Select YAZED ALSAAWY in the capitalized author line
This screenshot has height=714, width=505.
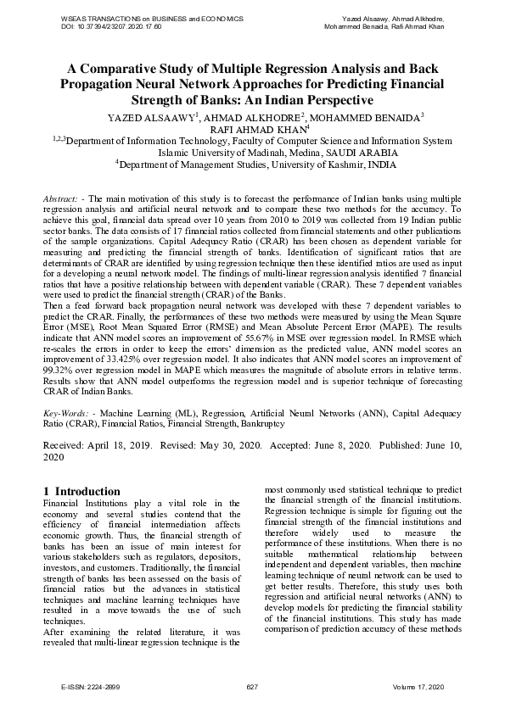coord(150,117)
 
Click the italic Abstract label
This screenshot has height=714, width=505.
coord(64,198)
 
